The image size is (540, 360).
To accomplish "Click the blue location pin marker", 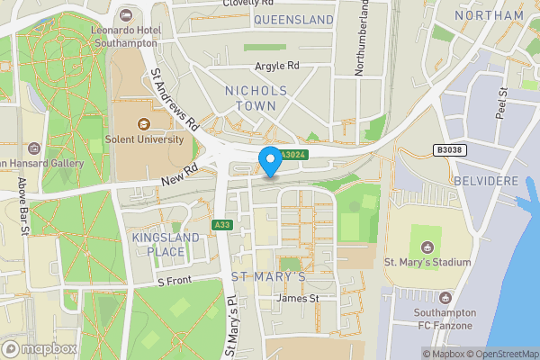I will point(269,161).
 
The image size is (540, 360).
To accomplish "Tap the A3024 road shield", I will point(291,156).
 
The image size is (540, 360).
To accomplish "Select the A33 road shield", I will point(221,224).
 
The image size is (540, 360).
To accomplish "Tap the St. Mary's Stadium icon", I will point(427,245).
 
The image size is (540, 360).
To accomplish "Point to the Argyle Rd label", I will point(275,66).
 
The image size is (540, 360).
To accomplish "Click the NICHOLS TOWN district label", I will point(256,98).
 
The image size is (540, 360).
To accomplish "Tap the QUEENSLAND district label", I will point(293,19).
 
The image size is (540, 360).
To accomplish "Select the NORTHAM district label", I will point(489,16).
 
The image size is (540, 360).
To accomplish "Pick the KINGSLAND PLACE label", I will point(158,244).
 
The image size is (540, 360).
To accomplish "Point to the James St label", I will point(299,298).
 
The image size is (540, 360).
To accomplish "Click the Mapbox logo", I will point(40,348).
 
